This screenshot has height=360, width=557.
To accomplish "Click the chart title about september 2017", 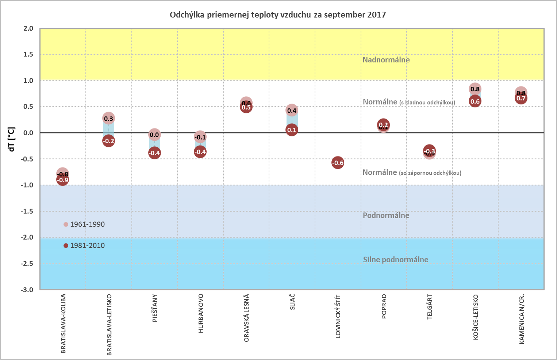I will (x=277, y=15).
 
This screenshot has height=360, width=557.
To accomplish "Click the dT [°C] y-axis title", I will (x=11, y=139).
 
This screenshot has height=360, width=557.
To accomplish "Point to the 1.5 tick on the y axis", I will (x=28, y=54).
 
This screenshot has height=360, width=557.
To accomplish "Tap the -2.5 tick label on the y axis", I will (x=26, y=263).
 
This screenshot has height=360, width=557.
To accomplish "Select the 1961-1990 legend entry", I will (x=87, y=224).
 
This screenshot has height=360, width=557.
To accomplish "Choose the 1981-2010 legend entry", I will (x=87, y=245).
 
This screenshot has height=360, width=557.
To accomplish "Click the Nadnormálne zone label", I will (x=386, y=60).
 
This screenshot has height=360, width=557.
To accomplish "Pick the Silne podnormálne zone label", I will (x=395, y=260).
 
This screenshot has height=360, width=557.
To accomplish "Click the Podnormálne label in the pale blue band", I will (x=386, y=215).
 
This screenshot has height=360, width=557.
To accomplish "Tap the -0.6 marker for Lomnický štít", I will (x=338, y=163).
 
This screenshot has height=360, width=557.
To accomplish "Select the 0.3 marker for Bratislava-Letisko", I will (x=108, y=118).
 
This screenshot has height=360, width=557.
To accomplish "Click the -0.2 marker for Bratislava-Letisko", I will (x=108, y=141).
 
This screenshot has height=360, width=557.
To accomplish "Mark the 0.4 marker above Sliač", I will (x=292, y=110).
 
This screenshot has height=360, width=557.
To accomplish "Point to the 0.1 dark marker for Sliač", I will (x=292, y=130).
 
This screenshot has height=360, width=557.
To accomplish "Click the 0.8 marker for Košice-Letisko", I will (x=475, y=89).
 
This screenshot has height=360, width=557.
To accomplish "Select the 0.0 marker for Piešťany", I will (x=154, y=135).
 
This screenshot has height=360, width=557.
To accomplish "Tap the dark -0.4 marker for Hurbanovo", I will (x=200, y=152).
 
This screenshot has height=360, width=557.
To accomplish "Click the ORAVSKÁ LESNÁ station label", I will (x=246, y=318).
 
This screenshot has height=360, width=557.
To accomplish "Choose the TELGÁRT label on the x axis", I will (x=430, y=307).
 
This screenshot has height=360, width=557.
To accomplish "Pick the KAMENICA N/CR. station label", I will (x=522, y=319).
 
